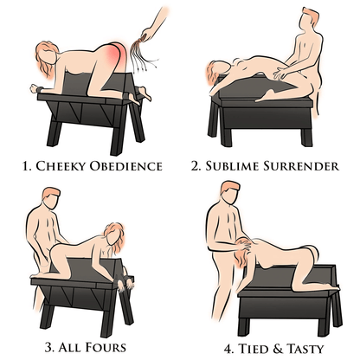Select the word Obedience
132,164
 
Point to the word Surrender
304,164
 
